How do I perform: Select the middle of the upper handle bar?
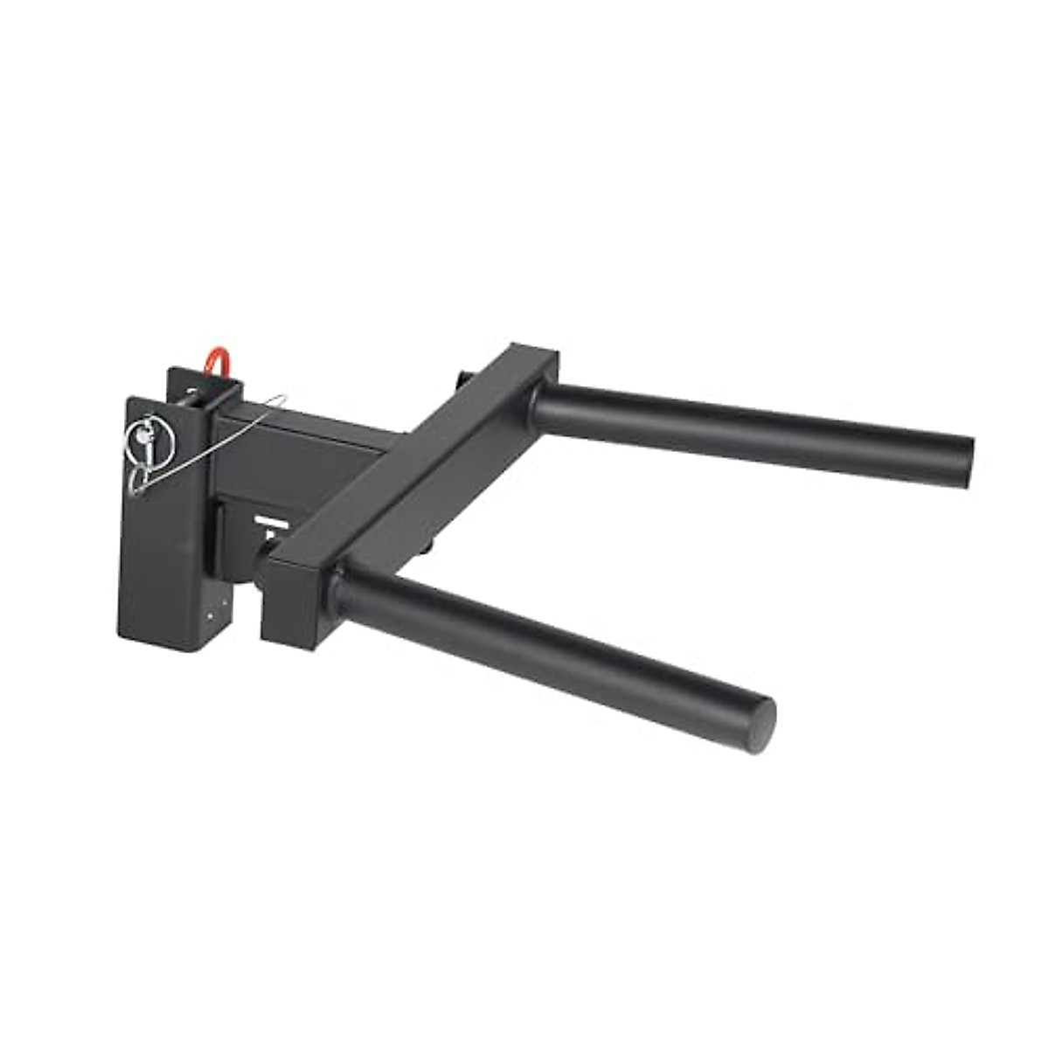pos(752,435)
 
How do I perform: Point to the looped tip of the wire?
pos(278,399)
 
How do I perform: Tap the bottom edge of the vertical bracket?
pos(166,645)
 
